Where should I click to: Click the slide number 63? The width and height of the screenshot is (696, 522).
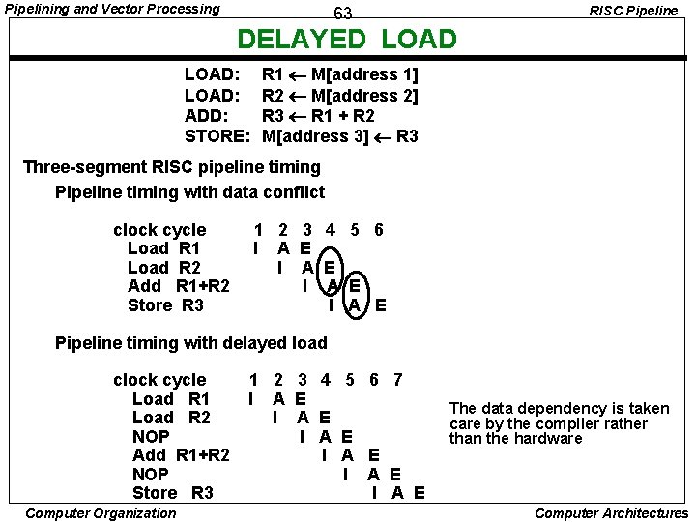343,14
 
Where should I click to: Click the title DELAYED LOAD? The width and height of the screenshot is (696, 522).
347,40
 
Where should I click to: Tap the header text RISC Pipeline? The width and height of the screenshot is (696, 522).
634,11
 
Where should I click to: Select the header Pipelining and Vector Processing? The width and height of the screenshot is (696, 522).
112,9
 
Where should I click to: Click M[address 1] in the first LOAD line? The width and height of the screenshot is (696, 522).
364,74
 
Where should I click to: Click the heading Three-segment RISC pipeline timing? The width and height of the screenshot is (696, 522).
171,167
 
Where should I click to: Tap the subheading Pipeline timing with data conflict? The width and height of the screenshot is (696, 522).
189,191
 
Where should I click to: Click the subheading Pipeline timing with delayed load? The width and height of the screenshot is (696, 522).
191,343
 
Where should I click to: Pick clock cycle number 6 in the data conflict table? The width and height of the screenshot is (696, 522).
379,230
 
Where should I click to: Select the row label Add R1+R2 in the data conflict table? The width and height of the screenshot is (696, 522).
179,286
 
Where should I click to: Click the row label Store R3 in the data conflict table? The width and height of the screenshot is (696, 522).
165,305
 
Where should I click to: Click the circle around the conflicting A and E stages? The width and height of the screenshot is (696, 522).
343,286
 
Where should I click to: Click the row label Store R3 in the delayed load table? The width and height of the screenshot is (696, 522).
173,493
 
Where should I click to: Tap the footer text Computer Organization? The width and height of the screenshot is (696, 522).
101,513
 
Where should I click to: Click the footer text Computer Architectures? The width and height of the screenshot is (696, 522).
611,513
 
